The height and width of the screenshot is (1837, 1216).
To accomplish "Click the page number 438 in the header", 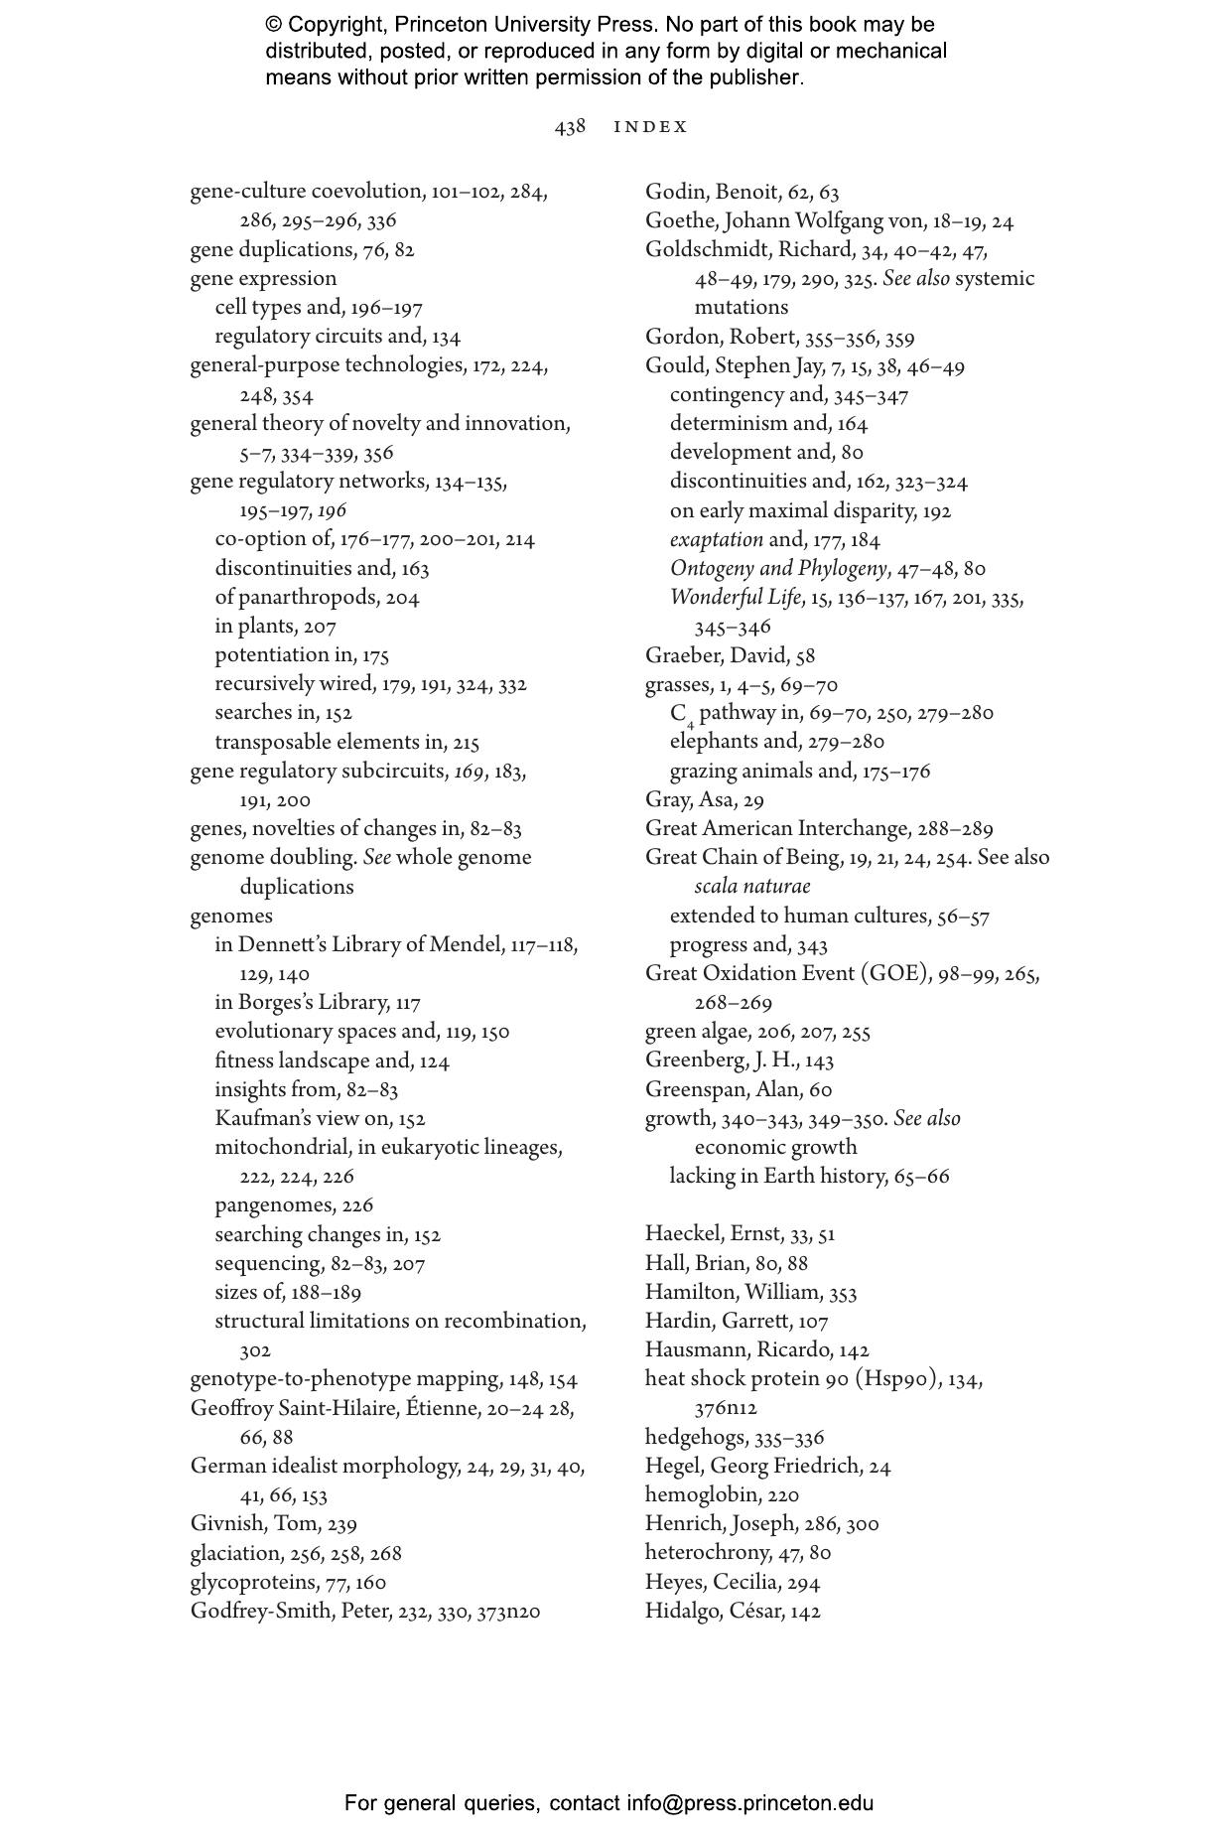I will (570, 127).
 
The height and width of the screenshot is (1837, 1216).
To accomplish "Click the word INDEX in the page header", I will (650, 127).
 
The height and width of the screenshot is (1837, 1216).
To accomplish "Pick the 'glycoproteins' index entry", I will (253, 1582).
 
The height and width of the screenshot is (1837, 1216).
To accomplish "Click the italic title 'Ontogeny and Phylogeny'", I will (777, 569).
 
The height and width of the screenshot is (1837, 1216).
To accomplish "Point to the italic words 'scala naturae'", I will (751, 887).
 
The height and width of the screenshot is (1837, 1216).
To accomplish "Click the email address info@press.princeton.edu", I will (749, 1803).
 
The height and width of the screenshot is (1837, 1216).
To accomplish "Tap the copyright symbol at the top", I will (274, 25).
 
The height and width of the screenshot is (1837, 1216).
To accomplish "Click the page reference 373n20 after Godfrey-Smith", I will (508, 1612).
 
